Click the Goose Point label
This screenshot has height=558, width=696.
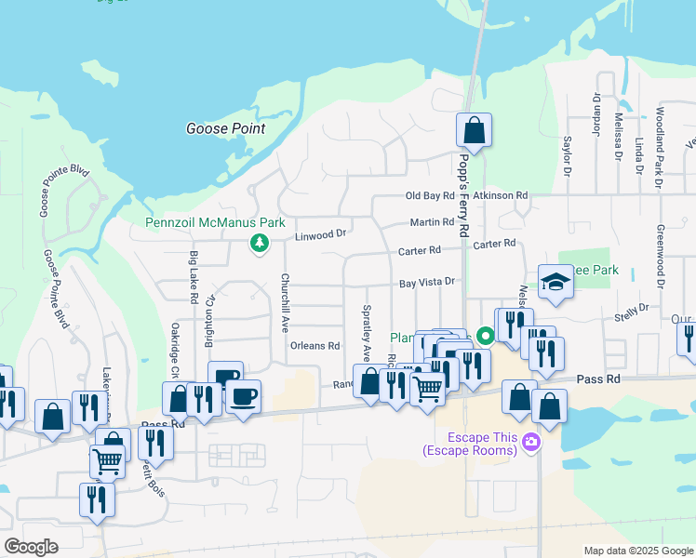pos(225,129)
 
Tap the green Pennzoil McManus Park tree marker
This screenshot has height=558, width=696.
pos(259,244)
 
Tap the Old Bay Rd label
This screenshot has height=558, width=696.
pos(430,195)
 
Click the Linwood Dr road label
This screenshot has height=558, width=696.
pos(320,235)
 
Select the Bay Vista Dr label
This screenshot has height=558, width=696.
pos(427,282)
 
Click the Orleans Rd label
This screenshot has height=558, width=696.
pos(315,345)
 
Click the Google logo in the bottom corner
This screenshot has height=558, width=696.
pos(31,547)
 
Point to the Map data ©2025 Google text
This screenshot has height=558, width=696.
pos(637,551)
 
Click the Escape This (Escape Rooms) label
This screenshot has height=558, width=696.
pos(469,444)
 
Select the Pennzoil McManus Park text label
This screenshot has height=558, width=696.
pos(215,223)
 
